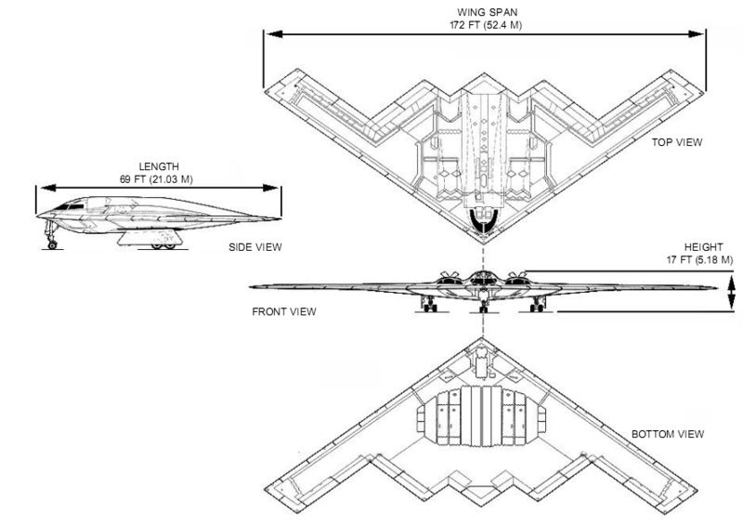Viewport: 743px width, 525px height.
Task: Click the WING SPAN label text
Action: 482,12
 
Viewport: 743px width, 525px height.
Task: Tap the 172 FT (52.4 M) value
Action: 482,25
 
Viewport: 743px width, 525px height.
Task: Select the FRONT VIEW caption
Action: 284,311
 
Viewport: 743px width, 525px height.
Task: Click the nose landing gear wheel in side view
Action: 53,244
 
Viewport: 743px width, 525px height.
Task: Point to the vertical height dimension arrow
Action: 730,291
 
